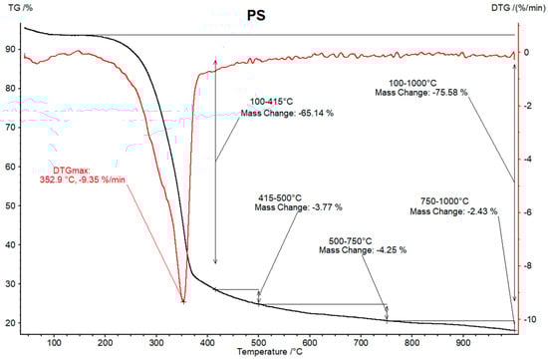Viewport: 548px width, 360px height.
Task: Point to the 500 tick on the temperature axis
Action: pos(259,341)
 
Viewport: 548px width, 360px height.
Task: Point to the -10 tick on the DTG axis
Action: pos(530,319)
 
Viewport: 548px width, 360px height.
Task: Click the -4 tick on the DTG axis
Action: pos(531,160)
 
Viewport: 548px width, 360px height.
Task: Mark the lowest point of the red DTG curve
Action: pos(183,301)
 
